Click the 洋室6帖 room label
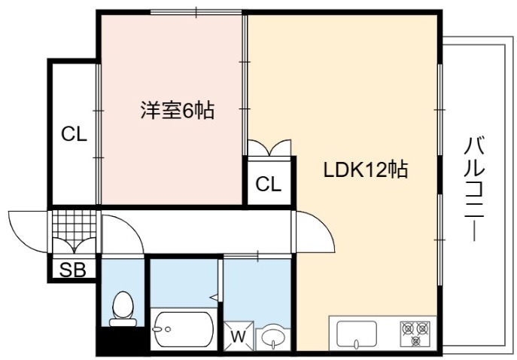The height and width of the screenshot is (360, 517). [x=178, y=110]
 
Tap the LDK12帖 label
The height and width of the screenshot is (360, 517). [x=366, y=169]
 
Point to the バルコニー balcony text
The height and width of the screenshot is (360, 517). [x=474, y=189]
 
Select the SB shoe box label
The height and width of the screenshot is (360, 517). [x=73, y=270]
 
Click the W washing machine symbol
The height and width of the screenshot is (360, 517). [x=239, y=336]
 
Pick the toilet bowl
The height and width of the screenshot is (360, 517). [x=123, y=309]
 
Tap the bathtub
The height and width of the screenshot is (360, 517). [x=184, y=329]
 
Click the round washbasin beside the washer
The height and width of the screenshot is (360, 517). [x=274, y=337]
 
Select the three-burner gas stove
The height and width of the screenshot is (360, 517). [x=415, y=334]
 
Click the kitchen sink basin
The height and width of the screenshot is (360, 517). [x=357, y=334]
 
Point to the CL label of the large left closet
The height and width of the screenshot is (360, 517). [x=75, y=134]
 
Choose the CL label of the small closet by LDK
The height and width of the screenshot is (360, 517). [x=269, y=184]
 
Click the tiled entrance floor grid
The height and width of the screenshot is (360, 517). [x=75, y=224]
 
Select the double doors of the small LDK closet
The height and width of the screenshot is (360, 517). [x=269, y=148]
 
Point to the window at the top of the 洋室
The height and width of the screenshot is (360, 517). [x=196, y=13]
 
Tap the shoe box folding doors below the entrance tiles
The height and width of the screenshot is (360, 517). [x=75, y=246]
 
